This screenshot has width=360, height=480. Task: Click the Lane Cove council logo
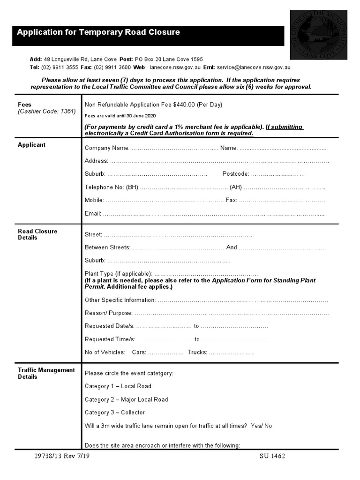coord(318,35)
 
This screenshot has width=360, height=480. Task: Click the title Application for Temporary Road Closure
coord(98,32)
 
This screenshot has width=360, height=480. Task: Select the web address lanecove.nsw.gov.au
coord(175,67)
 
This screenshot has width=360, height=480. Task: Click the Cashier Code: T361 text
coord(46,112)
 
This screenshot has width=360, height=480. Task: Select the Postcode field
coord(277,174)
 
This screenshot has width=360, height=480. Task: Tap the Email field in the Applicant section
coord(213,214)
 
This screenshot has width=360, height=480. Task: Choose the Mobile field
coord(164,201)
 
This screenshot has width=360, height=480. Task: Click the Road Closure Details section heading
coord(37,234)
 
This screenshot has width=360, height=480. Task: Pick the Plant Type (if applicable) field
coord(206,274)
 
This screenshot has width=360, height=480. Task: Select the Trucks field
coord(232,352)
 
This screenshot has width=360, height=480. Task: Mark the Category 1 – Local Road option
coord(118,386)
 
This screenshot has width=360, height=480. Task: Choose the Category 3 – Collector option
coord(114,412)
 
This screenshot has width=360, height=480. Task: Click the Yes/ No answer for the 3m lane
coord(262,426)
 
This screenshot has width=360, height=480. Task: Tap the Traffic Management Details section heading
coord(46,373)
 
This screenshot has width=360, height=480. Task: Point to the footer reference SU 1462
coord(272,456)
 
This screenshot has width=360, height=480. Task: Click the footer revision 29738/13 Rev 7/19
coord(61,456)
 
